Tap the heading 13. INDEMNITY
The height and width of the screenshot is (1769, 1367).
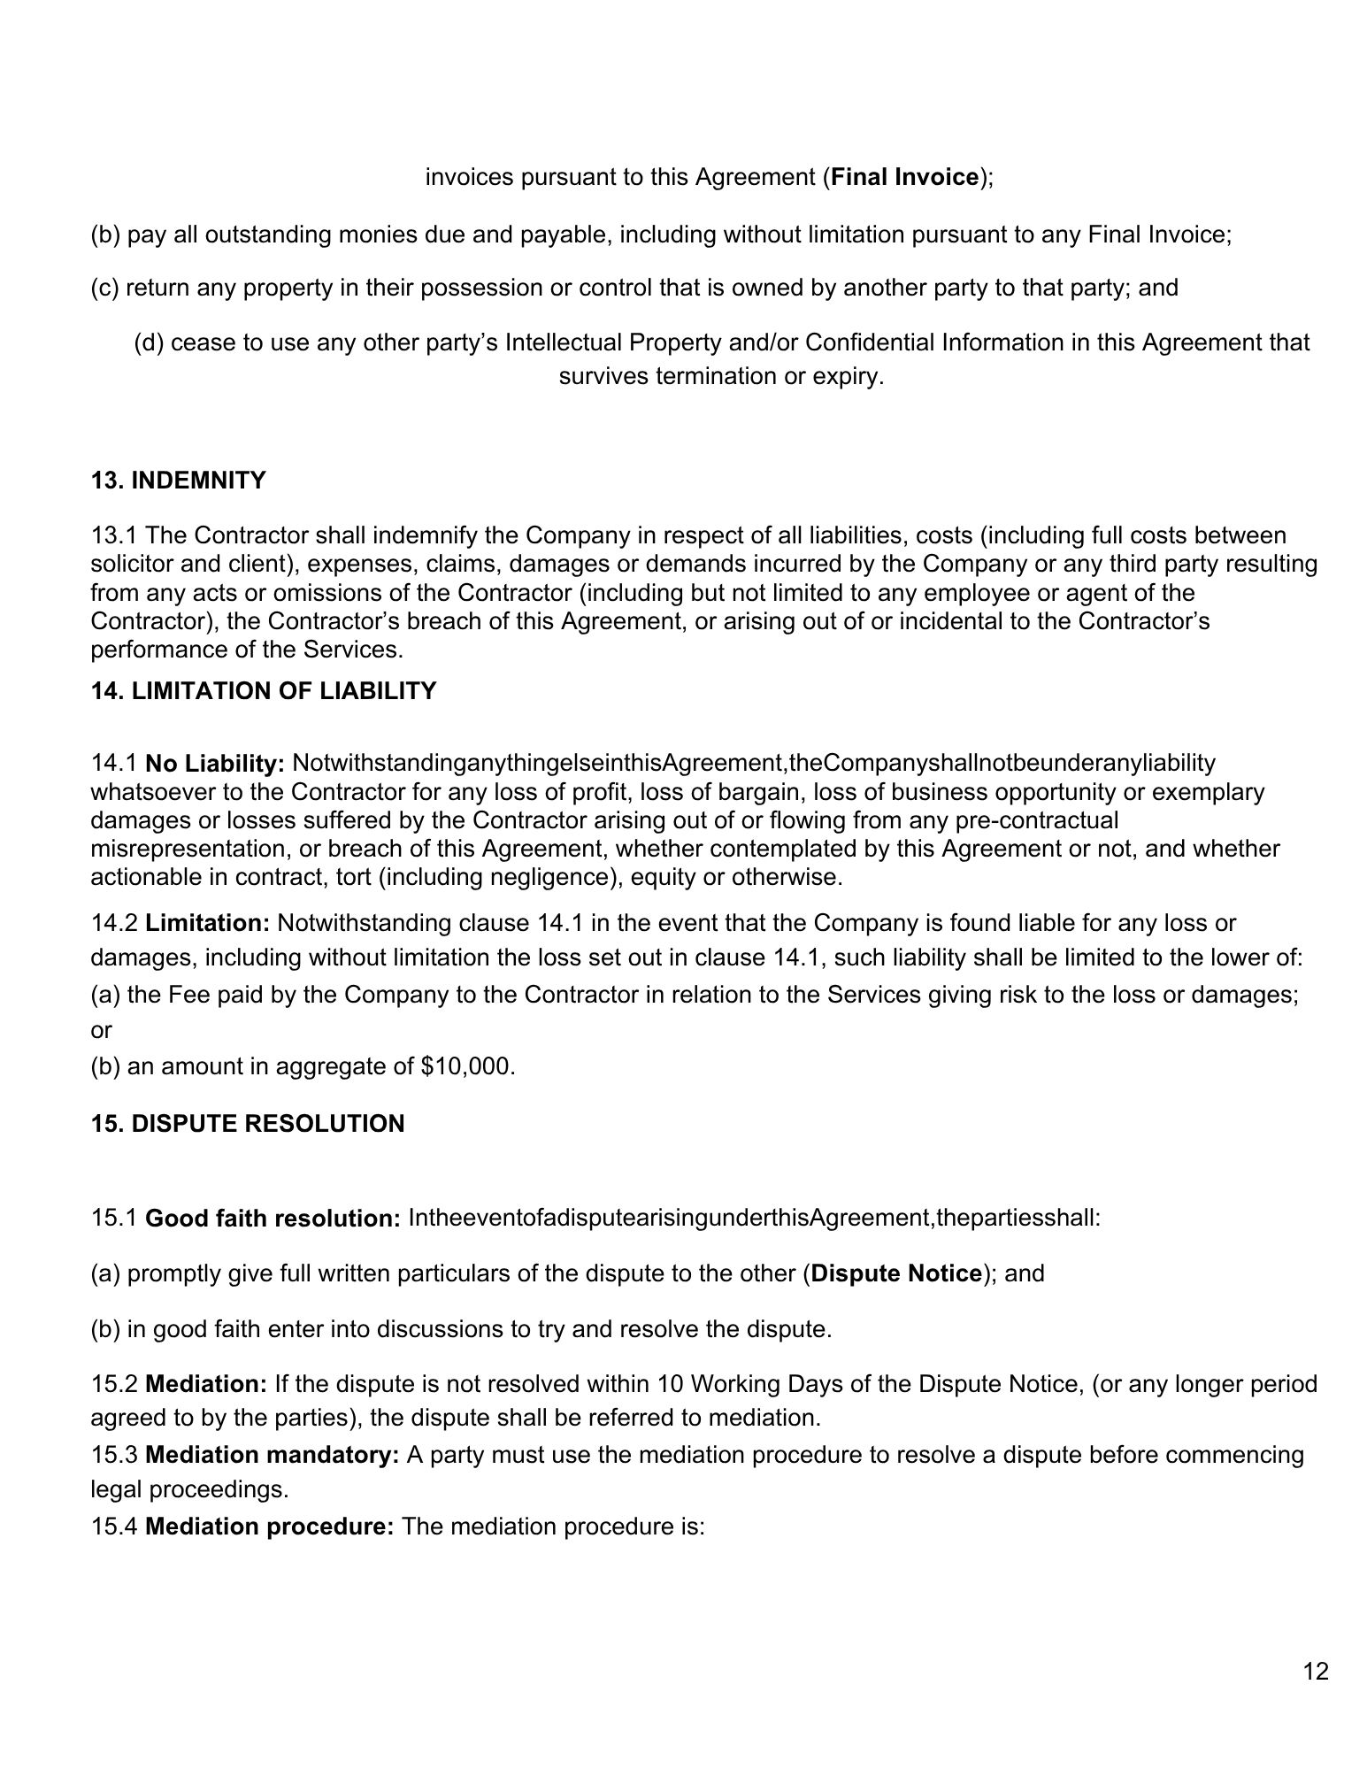(178, 481)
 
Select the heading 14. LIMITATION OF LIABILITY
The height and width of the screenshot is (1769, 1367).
(264, 691)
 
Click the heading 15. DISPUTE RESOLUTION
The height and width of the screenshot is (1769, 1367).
(248, 1124)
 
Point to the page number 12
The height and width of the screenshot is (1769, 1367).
(1316, 1672)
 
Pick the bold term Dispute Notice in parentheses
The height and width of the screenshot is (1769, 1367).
(896, 1273)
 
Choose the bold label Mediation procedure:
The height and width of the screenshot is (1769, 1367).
(269, 1527)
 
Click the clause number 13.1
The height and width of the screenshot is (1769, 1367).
(115, 535)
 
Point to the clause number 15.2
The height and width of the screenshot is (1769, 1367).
(115, 1383)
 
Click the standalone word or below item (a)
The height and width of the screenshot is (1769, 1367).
(102, 1030)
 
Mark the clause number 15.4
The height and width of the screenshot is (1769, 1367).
(115, 1527)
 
